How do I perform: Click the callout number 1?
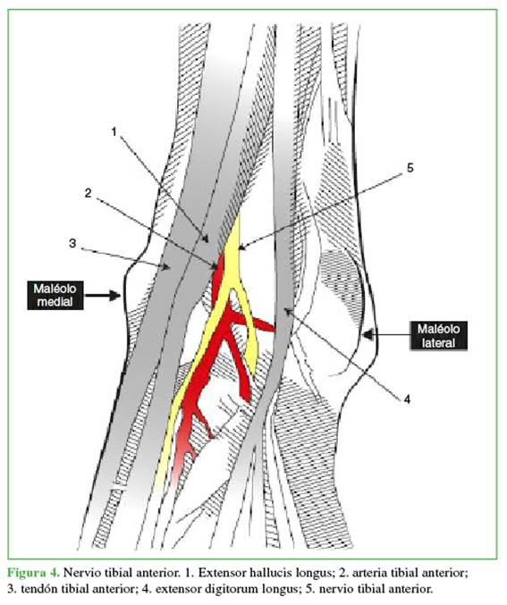(114, 132)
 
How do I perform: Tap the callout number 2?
(88, 193)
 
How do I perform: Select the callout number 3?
(72, 243)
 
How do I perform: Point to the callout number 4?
(407, 399)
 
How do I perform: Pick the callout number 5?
(410, 168)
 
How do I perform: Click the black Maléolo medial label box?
(55, 295)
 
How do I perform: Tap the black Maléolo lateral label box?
(438, 336)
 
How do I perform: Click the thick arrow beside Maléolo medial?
(103, 296)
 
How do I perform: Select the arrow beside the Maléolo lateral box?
(386, 334)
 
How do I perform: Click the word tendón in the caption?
(38, 589)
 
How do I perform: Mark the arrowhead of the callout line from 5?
(241, 247)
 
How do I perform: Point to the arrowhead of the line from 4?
(287, 310)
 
